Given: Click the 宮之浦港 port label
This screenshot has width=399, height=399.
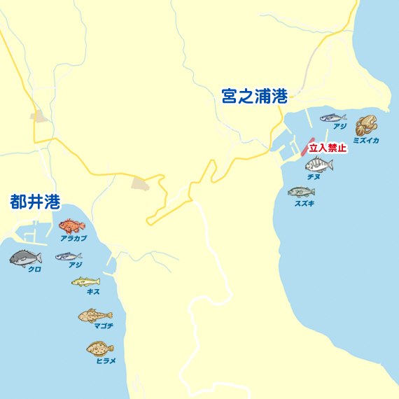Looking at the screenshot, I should tap(254, 96).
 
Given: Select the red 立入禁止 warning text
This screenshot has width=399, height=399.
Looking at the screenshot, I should tap(328, 148).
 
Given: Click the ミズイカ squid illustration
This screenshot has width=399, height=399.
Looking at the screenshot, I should tap(366, 125).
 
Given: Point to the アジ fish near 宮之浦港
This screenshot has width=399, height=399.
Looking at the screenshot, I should tap(332, 118).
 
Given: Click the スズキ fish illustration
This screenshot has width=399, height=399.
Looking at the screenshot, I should tap(301, 192).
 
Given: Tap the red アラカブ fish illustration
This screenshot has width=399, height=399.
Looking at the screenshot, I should tap(71, 226).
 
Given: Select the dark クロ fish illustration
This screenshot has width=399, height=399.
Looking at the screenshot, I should tap(26, 258).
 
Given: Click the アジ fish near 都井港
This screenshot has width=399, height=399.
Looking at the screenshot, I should tap(69, 256).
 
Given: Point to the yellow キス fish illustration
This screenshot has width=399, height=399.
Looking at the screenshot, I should tap(85, 281).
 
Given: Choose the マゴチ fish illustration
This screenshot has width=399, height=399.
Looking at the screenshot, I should tap(94, 316).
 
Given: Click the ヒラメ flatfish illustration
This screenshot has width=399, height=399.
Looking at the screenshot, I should tap(100, 348).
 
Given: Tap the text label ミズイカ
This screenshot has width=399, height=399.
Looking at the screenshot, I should tap(366, 141).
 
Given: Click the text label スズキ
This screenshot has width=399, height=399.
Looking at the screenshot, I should tap(304, 204).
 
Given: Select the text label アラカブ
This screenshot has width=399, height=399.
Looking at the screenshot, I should tap(73, 239).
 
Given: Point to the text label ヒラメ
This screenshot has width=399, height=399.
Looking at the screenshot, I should tap(106, 360).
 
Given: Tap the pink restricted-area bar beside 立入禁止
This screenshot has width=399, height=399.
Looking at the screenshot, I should tap(304, 147).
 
